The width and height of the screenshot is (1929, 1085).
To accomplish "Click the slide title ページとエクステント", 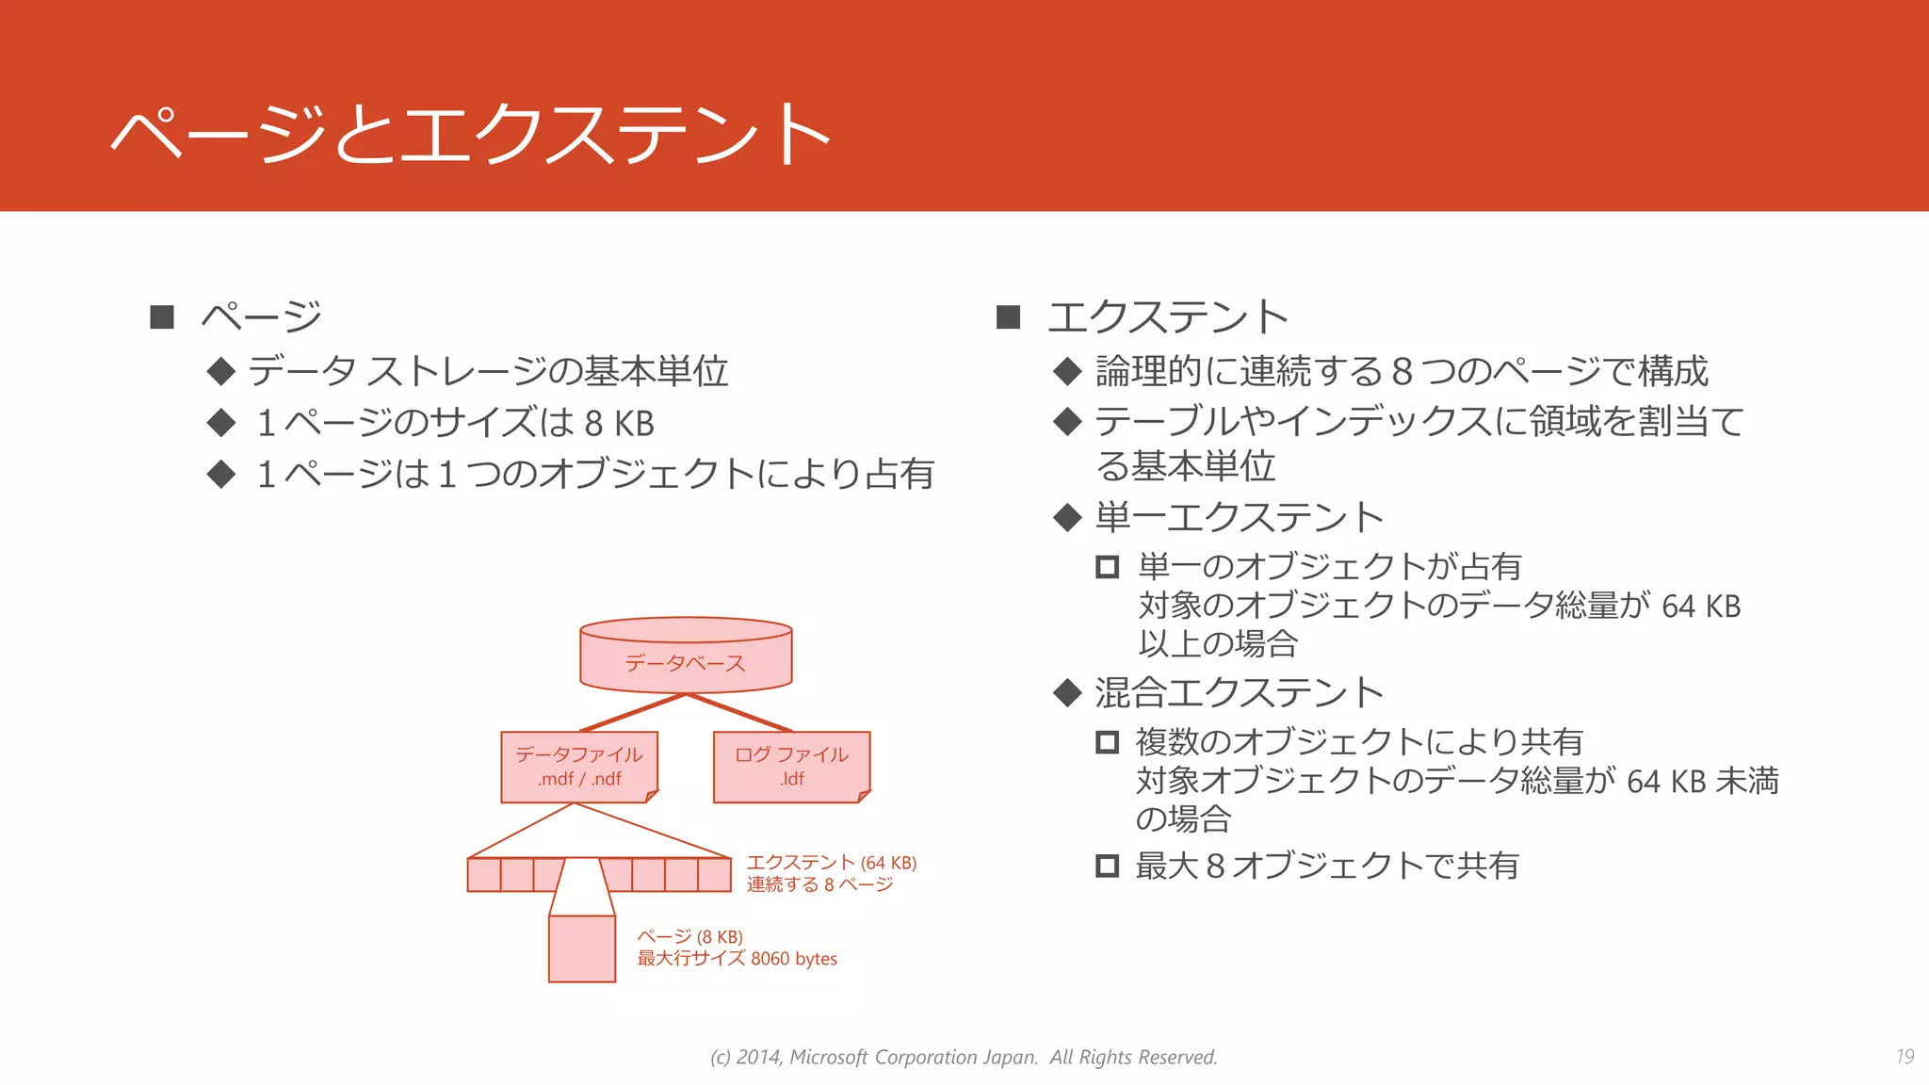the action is click(x=471, y=134).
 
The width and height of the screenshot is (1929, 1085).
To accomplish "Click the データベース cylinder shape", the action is click(x=686, y=656).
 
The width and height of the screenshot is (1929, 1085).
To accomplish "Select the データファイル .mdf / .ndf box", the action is click(x=578, y=767).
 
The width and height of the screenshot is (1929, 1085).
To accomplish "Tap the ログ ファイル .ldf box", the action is click(x=791, y=767).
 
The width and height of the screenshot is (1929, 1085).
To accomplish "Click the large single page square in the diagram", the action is click(x=582, y=948).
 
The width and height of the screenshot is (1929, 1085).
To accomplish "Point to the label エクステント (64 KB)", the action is click(x=831, y=863).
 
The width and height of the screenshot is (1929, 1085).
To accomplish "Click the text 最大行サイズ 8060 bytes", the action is click(x=737, y=959).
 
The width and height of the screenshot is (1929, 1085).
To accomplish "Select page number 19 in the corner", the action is click(x=1905, y=1057).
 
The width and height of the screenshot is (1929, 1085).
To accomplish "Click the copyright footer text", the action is click(x=964, y=1057).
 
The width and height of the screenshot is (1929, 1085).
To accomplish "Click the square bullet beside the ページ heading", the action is click(x=162, y=317).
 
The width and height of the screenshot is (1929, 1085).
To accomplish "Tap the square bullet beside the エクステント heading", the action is click(x=1008, y=317).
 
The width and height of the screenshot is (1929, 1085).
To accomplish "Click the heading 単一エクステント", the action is click(x=1239, y=517).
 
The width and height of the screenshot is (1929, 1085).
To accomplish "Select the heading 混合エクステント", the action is click(x=1239, y=693).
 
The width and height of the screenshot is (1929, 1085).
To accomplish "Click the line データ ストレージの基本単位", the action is click(x=488, y=371).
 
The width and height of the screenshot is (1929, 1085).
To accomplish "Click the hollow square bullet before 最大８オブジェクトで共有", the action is click(x=1107, y=866).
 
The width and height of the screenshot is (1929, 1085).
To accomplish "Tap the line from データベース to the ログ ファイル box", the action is click(x=740, y=713).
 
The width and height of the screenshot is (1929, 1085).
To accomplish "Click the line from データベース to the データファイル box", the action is click(x=632, y=713).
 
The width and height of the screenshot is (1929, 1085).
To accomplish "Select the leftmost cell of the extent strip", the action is click(x=484, y=875).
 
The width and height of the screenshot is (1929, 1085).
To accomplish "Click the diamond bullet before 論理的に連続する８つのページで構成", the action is click(x=1067, y=371).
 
